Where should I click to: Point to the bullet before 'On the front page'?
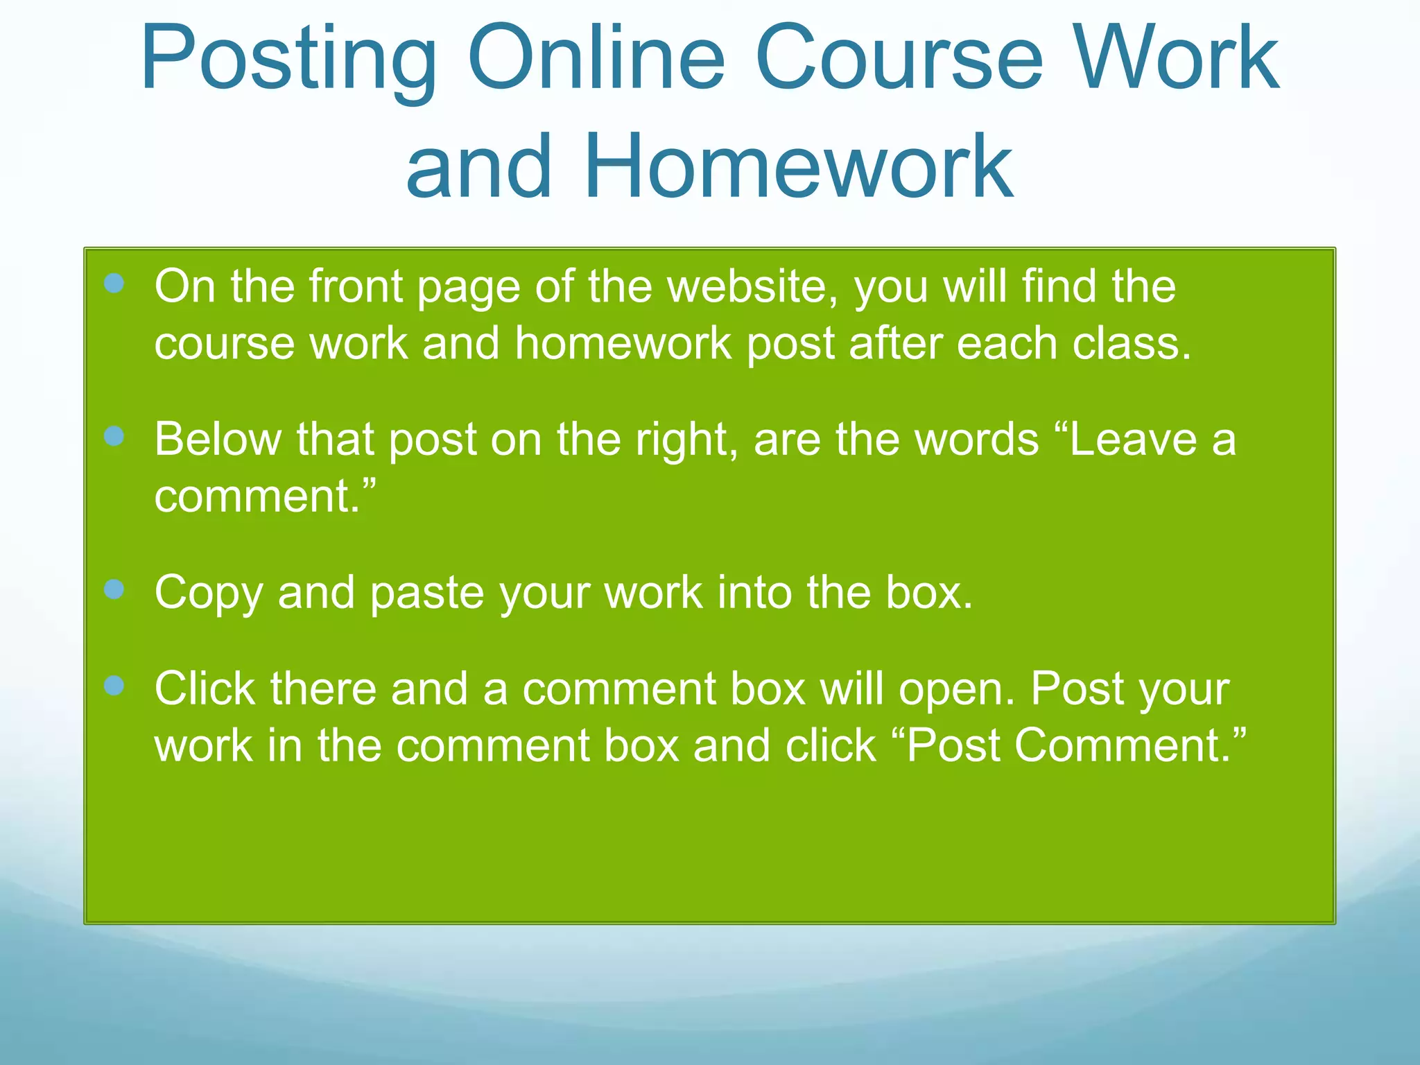[114, 283]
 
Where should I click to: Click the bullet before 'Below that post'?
[114, 436]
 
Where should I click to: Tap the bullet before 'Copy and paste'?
[114, 589]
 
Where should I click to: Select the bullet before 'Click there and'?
[114, 686]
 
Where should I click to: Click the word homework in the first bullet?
[623, 343]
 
